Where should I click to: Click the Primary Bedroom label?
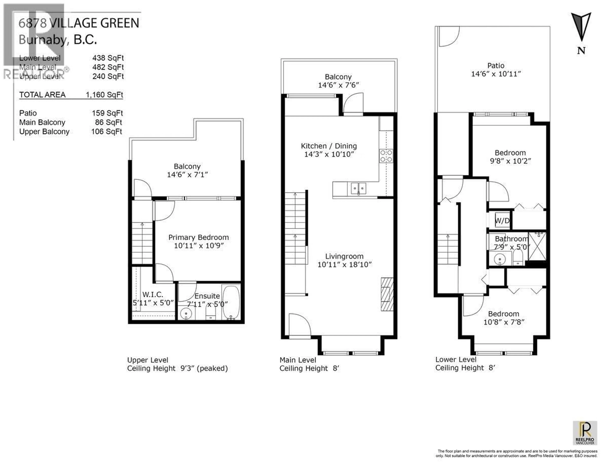pos(199,237)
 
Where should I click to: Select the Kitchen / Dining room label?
pos(329,146)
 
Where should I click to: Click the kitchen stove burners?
pos(386,156)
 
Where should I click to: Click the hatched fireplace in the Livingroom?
pos(387,294)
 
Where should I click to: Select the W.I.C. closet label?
pos(153,294)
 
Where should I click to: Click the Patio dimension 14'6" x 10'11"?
pos(496,74)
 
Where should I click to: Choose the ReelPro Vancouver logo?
pos(585,433)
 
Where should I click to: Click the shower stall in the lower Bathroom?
pos(537,246)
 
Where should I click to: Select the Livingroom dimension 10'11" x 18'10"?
pos(344,264)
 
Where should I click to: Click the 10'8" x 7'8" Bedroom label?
pos(504,318)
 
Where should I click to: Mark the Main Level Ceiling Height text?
pos(309,368)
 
